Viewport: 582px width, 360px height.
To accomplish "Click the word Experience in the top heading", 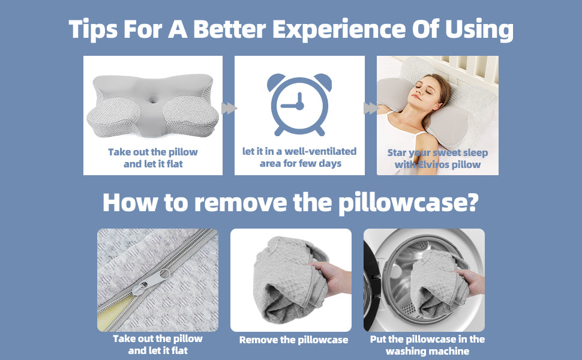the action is click(x=339, y=29).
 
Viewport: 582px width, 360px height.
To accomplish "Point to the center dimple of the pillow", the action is click(x=153, y=100).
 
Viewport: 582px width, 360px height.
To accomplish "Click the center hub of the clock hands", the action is click(x=299, y=106).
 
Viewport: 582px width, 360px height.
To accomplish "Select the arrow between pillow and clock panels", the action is click(x=229, y=109).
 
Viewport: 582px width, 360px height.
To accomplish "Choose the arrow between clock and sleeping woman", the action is click(x=371, y=109).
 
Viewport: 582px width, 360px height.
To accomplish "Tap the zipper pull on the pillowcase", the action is click(x=151, y=281).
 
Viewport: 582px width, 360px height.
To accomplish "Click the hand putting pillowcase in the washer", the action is click(x=472, y=282).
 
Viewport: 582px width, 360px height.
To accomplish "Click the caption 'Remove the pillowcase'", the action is click(x=293, y=340).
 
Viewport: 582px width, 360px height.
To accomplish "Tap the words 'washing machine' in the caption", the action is click(x=428, y=351).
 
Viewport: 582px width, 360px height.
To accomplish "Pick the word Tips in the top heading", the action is click(x=93, y=29).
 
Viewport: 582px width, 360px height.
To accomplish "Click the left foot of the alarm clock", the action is click(x=278, y=131).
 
